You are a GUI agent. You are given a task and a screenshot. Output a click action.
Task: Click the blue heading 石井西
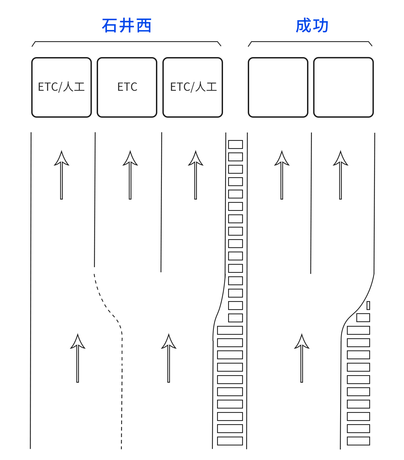click(127, 26)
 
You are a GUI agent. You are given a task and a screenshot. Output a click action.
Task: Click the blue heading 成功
click(312, 26)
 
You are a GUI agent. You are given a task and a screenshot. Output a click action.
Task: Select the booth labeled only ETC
click(127, 87)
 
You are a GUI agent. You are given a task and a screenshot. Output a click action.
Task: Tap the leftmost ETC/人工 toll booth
click(61, 87)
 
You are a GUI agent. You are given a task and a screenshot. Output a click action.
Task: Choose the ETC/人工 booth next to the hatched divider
click(193, 87)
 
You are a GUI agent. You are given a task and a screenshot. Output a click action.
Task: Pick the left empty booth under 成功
click(278, 87)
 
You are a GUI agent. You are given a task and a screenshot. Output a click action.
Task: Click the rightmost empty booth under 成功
click(343, 87)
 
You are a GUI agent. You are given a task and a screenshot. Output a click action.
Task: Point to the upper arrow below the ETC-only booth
click(130, 175)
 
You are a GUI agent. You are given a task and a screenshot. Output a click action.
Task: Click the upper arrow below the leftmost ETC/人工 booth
click(61, 175)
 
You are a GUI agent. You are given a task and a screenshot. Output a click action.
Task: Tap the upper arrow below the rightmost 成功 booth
click(340, 175)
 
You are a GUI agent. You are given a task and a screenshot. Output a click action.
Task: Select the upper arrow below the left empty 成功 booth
click(282, 175)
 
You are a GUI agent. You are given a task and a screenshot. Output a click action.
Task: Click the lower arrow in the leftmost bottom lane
click(78, 358)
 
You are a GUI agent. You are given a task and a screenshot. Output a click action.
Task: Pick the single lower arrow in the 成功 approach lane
click(302, 358)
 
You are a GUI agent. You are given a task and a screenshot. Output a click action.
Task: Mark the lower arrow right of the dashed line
click(169, 358)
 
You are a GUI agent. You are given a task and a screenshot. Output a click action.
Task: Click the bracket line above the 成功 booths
click(310, 42)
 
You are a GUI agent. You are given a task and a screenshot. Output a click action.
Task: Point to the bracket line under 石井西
click(127, 42)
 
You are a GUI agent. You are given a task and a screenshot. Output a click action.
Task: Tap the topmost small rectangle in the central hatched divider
click(235, 144)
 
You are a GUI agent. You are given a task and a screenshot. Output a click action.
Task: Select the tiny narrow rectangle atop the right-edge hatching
click(368, 305)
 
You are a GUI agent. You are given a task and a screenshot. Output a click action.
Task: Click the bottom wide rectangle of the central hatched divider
click(230, 441)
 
